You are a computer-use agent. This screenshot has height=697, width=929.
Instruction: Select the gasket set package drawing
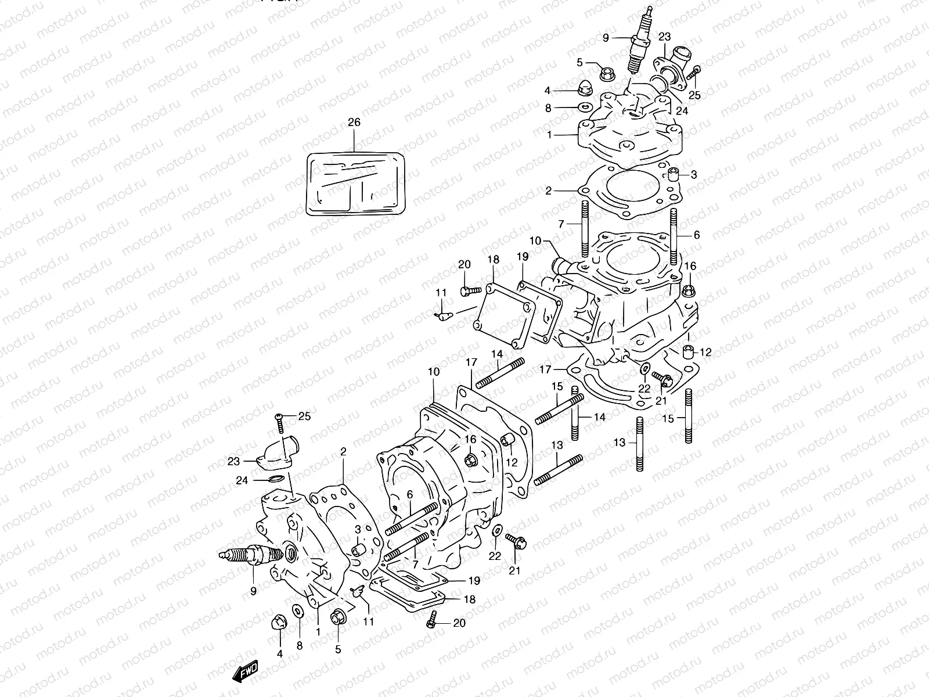click(x=355, y=183)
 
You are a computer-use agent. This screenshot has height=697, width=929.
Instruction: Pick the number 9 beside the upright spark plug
click(x=606, y=38)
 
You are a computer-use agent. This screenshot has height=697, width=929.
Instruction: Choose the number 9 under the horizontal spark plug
click(x=253, y=591)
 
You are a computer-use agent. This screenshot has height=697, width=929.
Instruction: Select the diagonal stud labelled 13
click(x=557, y=469)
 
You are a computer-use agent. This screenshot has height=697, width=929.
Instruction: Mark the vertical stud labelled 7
click(x=585, y=229)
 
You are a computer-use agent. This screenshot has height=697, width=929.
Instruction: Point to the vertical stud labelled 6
click(x=674, y=236)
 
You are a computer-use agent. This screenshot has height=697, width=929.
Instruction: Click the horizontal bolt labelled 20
click(x=470, y=289)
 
